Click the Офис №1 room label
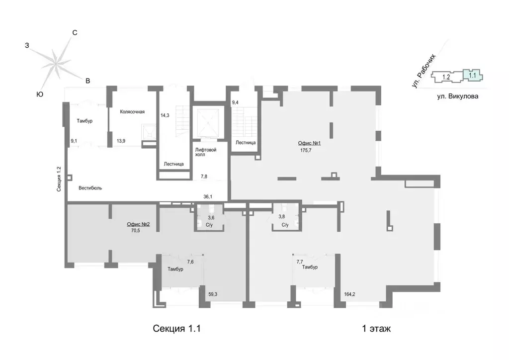(x=309, y=143)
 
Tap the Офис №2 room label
(x=138, y=224)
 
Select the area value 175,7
(x=306, y=150)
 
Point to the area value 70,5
(x=135, y=231)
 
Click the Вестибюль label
(x=90, y=188)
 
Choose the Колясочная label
(x=132, y=112)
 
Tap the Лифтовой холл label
(x=205, y=152)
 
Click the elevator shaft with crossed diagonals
(x=206, y=122)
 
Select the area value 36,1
(x=208, y=197)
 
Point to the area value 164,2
(x=349, y=294)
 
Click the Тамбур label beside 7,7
(x=310, y=267)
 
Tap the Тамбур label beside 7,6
(x=175, y=269)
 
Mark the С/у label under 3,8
(x=285, y=225)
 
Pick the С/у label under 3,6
(x=209, y=225)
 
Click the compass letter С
(x=75, y=33)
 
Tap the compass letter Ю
(x=40, y=94)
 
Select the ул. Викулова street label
(x=457, y=96)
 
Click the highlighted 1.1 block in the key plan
(x=472, y=75)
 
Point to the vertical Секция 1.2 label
(x=59, y=179)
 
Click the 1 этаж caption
(x=376, y=329)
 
